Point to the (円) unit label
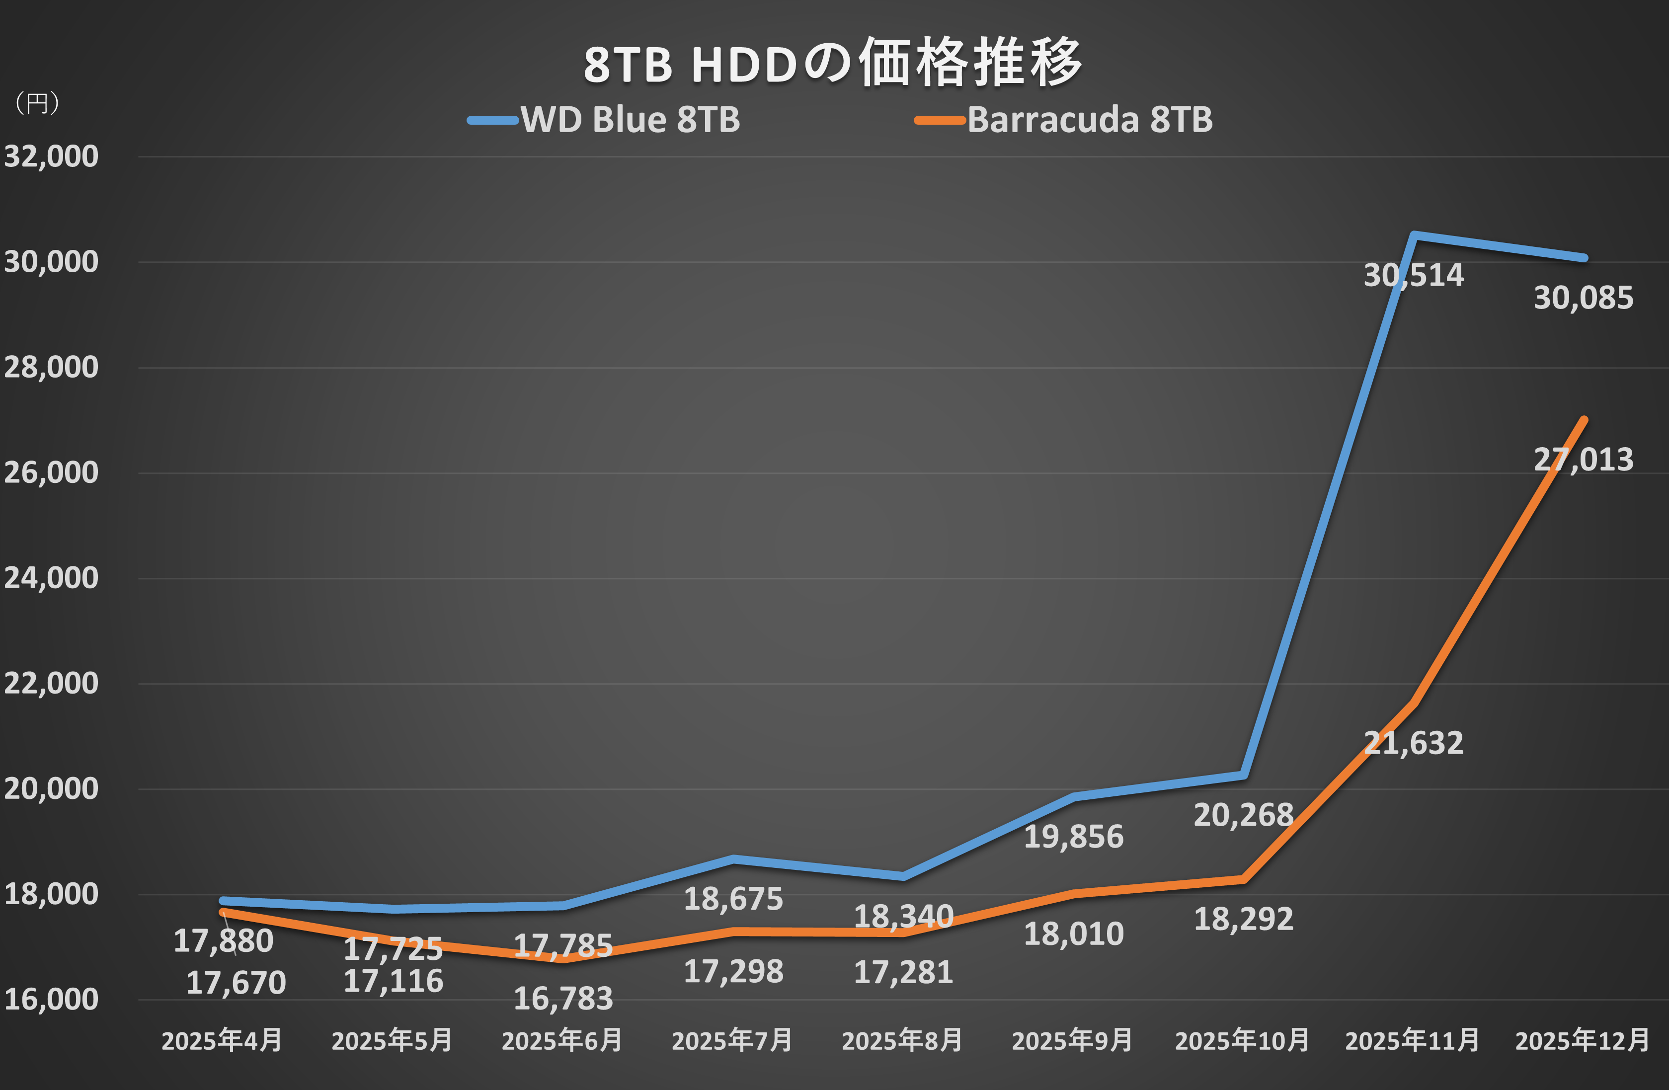click(36, 103)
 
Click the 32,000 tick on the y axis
click(51, 156)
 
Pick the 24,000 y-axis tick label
click(51, 578)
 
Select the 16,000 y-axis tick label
click(51, 1000)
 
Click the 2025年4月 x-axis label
click(222, 1041)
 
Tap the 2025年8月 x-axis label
click(902, 1041)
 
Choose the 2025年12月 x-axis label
click(1583, 1041)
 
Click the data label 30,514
click(1413, 275)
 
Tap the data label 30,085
click(1584, 299)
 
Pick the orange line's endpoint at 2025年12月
click(1584, 420)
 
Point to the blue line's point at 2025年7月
click(733, 858)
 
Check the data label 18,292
click(1243, 920)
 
